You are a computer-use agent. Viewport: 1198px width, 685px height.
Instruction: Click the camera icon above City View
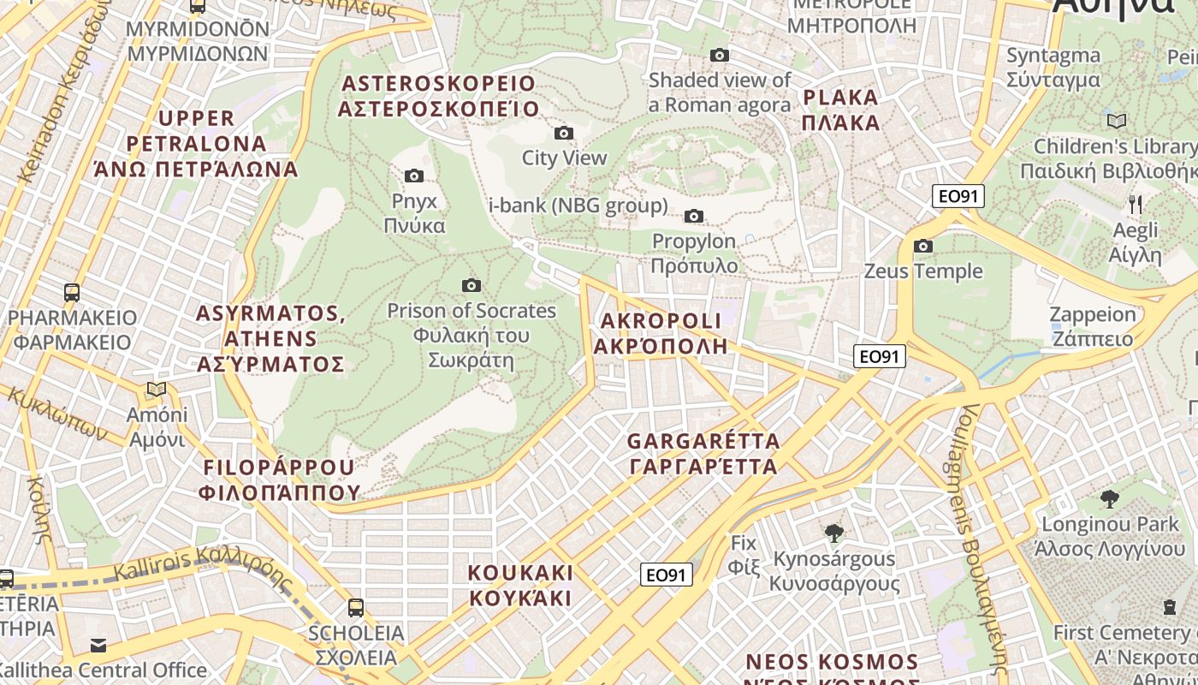click(x=563, y=133)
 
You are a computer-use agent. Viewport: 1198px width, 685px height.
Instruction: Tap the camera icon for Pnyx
click(x=413, y=176)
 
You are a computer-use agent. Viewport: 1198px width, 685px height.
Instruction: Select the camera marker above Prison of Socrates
click(x=471, y=285)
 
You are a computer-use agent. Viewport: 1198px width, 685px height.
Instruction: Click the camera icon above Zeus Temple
click(x=922, y=247)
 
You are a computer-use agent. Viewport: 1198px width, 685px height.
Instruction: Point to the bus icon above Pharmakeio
click(x=72, y=292)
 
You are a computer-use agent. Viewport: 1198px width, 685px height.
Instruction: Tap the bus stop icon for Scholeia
click(x=355, y=608)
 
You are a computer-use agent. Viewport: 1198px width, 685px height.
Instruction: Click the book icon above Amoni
click(x=156, y=390)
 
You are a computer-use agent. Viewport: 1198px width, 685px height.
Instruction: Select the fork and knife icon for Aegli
click(x=1135, y=204)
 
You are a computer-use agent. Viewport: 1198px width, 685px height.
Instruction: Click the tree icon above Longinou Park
click(x=1109, y=498)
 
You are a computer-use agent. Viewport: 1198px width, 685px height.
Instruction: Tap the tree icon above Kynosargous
click(x=833, y=533)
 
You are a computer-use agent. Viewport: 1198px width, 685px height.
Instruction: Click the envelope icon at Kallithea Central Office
click(x=98, y=645)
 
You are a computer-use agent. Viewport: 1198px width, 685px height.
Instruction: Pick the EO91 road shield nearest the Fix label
click(x=666, y=575)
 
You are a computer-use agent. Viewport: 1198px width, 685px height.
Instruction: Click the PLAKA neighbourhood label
click(x=840, y=109)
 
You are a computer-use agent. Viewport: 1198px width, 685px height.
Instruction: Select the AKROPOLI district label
click(x=661, y=333)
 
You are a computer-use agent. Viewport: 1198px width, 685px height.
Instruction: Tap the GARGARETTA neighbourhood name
click(x=703, y=454)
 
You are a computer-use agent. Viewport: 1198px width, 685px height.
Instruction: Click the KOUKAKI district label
click(x=520, y=585)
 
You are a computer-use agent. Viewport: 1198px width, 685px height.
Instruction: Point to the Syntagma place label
click(x=1053, y=68)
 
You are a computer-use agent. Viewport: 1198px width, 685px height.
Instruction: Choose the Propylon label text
click(x=694, y=253)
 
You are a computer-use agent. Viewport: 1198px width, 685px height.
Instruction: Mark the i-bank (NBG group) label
click(x=578, y=205)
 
